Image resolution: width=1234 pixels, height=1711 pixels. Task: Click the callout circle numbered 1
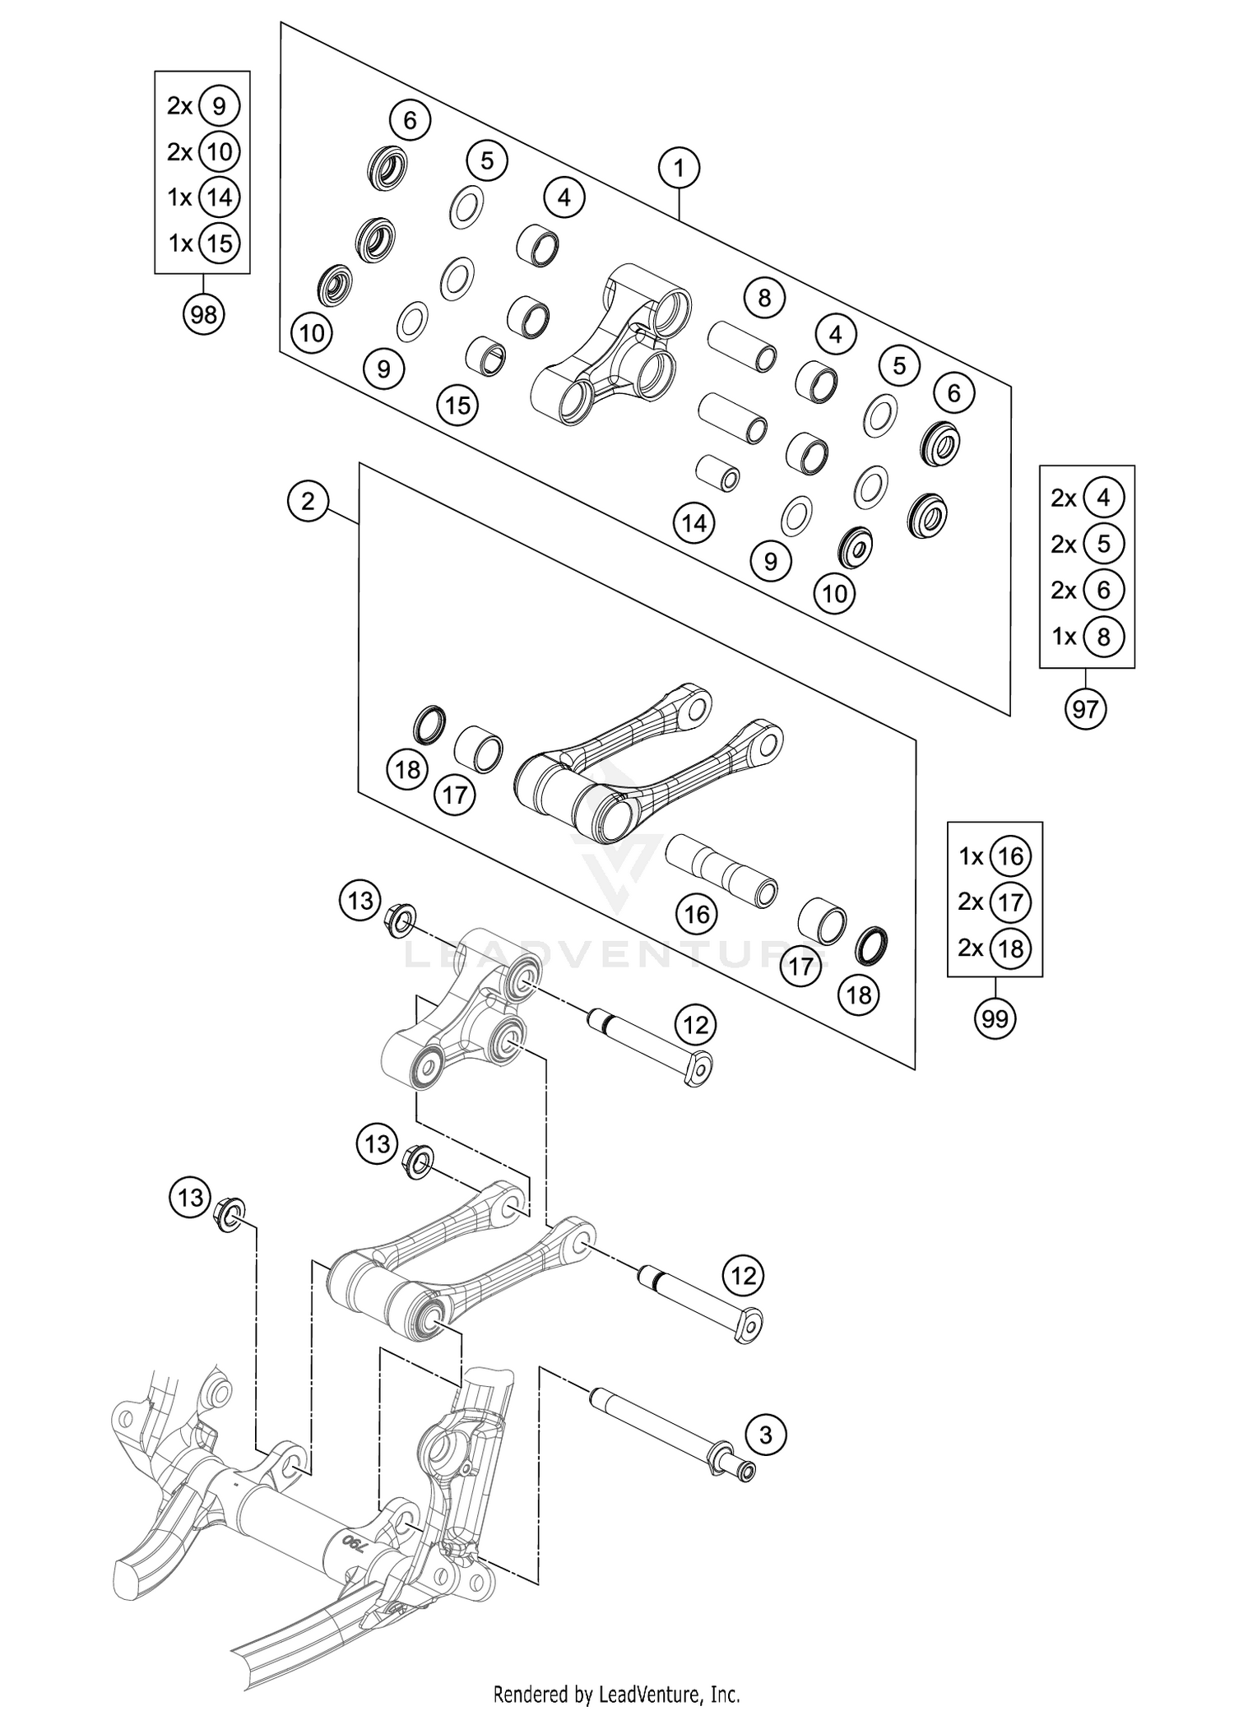point(679,169)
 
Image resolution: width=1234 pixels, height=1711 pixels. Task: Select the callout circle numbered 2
point(308,501)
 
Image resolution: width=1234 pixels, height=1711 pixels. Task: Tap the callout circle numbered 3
point(766,1435)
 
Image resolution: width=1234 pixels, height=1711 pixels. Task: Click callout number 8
point(764,297)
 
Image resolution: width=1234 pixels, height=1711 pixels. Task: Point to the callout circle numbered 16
point(697,914)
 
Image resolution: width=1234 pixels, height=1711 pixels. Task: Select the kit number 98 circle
point(203,314)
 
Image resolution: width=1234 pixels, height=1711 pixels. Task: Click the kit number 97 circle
point(1085,708)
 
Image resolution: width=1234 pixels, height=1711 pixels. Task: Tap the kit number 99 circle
point(995,1019)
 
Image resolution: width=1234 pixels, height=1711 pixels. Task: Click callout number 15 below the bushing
point(457,405)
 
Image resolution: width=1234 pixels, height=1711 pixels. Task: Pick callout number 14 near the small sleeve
point(694,523)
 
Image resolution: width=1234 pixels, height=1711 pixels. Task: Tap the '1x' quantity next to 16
point(972,856)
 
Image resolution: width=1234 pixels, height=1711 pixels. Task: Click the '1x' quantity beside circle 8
point(1065,636)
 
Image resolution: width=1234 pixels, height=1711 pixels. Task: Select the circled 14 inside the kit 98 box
point(219,197)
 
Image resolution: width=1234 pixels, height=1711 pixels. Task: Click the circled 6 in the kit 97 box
point(1103,590)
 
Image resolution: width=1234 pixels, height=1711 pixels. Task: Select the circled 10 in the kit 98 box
point(219,151)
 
